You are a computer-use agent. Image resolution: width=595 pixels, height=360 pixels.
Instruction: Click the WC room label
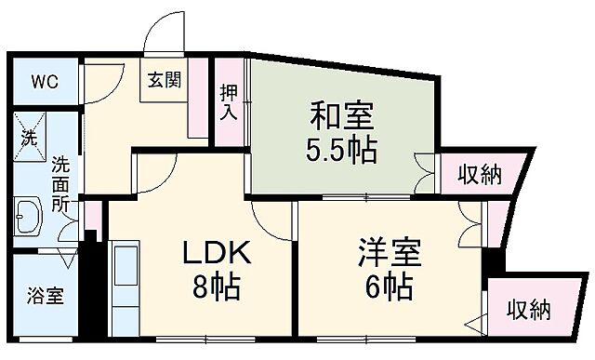point(45,81)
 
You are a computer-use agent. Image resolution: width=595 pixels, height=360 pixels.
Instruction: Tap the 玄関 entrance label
point(165,80)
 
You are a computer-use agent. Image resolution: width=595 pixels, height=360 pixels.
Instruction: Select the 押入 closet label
point(229,101)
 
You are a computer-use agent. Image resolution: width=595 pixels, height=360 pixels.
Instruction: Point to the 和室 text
point(341,118)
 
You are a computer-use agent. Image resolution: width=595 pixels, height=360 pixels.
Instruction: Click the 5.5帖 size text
point(341,151)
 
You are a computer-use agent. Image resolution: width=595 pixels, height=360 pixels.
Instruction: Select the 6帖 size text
point(389,287)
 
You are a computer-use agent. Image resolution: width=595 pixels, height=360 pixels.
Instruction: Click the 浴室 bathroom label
point(44,298)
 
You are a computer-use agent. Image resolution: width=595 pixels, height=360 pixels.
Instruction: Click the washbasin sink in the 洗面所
point(27,220)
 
